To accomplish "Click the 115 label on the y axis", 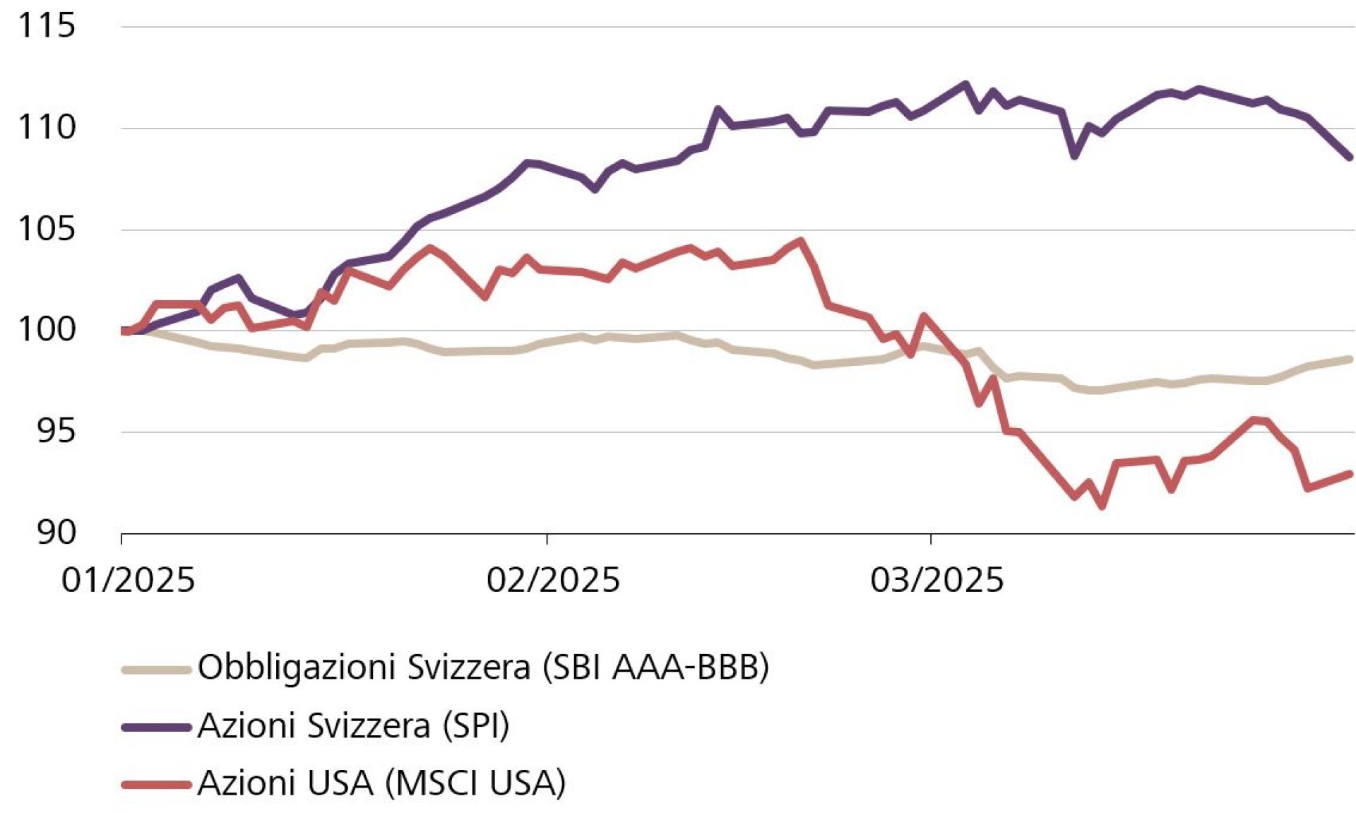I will click(46, 26).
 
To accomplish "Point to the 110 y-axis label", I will click(46, 128).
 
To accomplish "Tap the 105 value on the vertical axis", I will click(46, 230).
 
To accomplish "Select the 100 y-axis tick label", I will click(46, 330).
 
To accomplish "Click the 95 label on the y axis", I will click(56, 431).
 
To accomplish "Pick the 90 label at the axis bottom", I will click(56, 533).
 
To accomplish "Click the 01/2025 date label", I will click(128, 581).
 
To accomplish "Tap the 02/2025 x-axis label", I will click(552, 581).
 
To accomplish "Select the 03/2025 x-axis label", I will click(936, 581).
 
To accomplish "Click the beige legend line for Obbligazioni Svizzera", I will click(156, 669).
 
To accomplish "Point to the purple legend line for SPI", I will click(156, 727).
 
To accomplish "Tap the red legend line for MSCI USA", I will click(156, 784).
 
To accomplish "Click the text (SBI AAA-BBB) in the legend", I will click(655, 667).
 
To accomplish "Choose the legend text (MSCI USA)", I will click(474, 783).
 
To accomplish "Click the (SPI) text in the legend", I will click(475, 725).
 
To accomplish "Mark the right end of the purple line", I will click(1350, 158).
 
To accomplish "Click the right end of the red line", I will click(1350, 474).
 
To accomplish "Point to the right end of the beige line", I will click(1350, 359).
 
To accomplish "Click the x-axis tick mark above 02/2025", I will click(547, 540).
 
